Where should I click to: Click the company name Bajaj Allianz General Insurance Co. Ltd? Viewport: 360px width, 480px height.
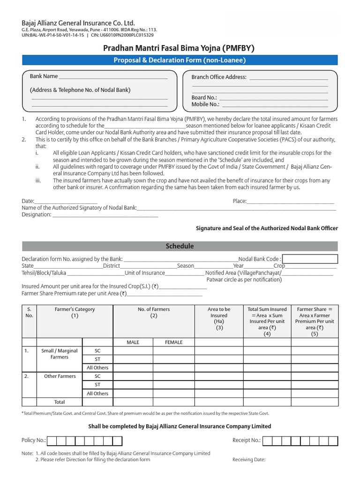click(x=78, y=23)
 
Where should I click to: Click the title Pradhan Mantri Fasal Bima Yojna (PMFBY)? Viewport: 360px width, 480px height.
click(x=180, y=48)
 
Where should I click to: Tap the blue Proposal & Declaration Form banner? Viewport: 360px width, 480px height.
click(x=180, y=60)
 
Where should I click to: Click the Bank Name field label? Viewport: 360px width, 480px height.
click(x=44, y=76)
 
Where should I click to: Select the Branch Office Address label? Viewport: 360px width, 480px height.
click(x=219, y=77)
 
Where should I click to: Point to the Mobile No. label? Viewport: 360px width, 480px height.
click(x=205, y=104)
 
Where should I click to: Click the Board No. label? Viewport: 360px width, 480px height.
click(x=204, y=97)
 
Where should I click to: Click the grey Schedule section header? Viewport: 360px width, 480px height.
click(x=180, y=246)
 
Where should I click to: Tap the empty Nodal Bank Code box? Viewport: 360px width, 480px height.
click(x=310, y=259)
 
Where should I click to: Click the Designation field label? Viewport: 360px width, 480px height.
click(x=37, y=215)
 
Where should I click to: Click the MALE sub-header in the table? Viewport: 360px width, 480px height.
click(x=133, y=342)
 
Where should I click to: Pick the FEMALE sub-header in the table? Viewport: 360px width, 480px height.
click(x=173, y=342)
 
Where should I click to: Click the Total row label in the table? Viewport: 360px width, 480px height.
click(x=60, y=402)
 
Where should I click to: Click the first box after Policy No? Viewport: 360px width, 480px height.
click(x=52, y=441)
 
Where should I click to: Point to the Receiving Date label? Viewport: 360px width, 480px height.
click(x=249, y=460)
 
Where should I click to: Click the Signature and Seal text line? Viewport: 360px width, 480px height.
click(x=266, y=228)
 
